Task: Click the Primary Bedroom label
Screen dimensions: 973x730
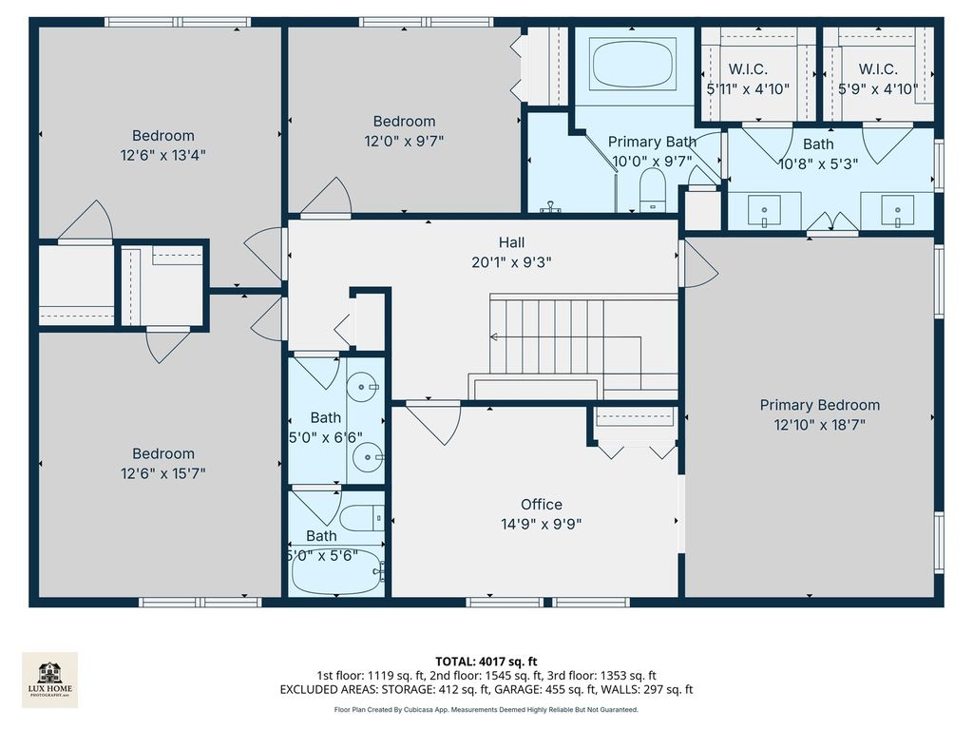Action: pyautogui.click(x=820, y=405)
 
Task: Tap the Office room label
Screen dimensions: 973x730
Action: pyautogui.click(x=542, y=505)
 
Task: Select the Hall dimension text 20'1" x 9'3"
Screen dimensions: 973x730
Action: pyautogui.click(x=511, y=262)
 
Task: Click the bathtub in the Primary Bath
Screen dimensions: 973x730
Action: pyautogui.click(x=633, y=64)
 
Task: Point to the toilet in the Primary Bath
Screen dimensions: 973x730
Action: pyautogui.click(x=652, y=190)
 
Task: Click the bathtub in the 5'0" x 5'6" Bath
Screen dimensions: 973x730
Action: pyautogui.click(x=335, y=571)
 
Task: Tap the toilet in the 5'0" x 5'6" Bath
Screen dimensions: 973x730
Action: pyautogui.click(x=362, y=518)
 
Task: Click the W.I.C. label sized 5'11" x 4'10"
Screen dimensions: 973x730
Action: pyautogui.click(x=748, y=68)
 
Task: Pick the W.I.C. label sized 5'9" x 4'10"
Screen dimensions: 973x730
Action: pyautogui.click(x=878, y=68)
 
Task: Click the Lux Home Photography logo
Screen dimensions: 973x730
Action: pyautogui.click(x=50, y=680)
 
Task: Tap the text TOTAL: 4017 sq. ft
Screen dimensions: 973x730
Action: pyautogui.click(x=486, y=662)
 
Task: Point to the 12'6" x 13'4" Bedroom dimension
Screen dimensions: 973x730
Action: pyautogui.click(x=162, y=155)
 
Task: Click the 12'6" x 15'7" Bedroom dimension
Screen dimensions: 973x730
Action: pyautogui.click(x=162, y=473)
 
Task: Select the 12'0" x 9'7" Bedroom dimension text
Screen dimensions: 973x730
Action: pyautogui.click(x=404, y=142)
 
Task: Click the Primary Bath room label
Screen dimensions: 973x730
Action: pyautogui.click(x=652, y=143)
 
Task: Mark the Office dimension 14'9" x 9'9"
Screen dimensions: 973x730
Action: pyautogui.click(x=541, y=525)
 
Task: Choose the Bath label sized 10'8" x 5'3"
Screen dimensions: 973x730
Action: pyautogui.click(x=818, y=144)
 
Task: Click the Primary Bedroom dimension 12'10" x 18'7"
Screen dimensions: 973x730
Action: pyautogui.click(x=820, y=425)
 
